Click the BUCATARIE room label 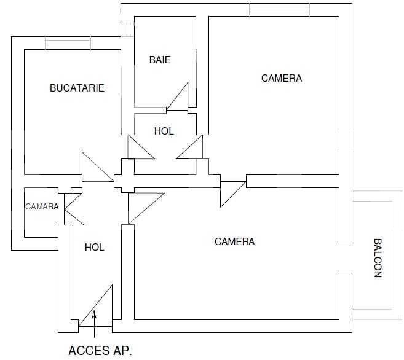pyautogui.click(x=77, y=88)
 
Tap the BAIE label pyautogui.click(x=160, y=60)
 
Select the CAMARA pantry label pyautogui.click(x=42, y=206)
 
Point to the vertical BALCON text pyautogui.click(x=378, y=258)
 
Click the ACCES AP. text pyautogui.click(x=100, y=351)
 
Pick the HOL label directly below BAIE pyautogui.click(x=164, y=131)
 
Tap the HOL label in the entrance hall pyautogui.click(x=94, y=247)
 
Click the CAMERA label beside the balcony pyautogui.click(x=234, y=241)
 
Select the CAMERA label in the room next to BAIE pyautogui.click(x=282, y=78)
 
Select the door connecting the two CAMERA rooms pyautogui.click(x=232, y=192)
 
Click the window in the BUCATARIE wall pyautogui.click(x=68, y=43)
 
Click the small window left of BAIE pyautogui.click(x=127, y=28)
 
